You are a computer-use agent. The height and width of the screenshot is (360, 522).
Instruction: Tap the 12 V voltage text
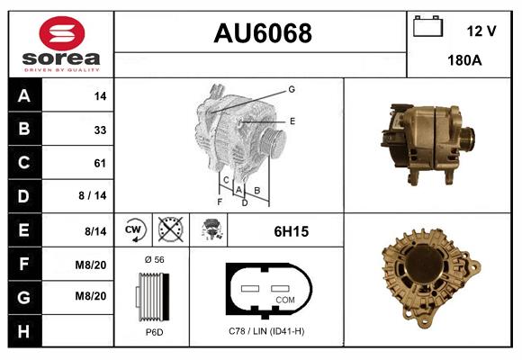tap(481, 31)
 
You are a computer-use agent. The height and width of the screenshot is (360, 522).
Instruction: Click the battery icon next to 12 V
tap(427, 28)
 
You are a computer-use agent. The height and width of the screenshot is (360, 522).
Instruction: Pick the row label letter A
tap(23, 95)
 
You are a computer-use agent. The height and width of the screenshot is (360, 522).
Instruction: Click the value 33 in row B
tap(99, 129)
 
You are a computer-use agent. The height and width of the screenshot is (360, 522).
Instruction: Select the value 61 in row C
tap(99, 163)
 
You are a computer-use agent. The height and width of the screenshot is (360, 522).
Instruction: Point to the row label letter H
tap(23, 332)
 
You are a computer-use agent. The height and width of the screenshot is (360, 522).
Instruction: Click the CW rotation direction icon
tap(134, 230)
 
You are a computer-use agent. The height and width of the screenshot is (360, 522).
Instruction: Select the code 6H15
tap(291, 231)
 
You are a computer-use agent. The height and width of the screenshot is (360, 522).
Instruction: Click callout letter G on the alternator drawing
tap(292, 89)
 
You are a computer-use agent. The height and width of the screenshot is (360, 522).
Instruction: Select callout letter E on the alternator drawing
tap(292, 120)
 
